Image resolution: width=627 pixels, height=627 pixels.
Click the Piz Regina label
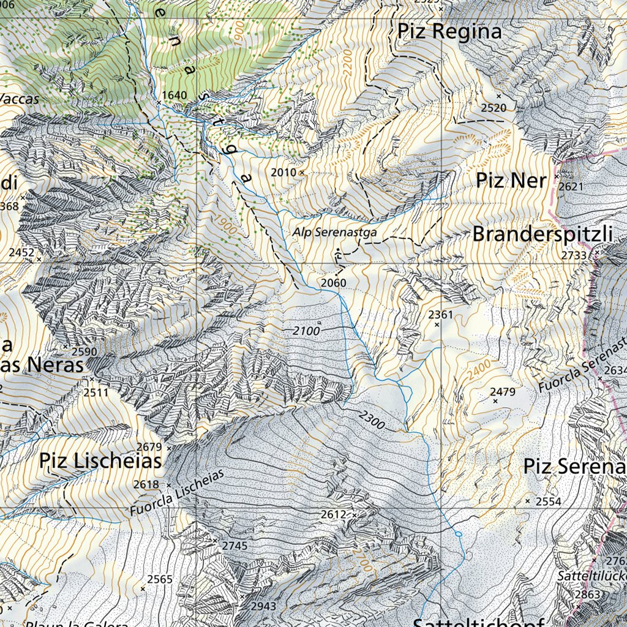coord(449,32)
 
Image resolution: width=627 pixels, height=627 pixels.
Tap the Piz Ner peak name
coord(511,181)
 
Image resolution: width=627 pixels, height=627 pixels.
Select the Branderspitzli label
coord(543,234)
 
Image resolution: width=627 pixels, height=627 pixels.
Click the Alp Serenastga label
coord(334,233)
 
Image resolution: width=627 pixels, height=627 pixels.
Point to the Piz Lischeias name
coord(101,461)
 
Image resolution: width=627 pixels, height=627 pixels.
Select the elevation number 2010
coord(283,173)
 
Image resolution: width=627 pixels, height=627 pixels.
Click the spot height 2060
coord(333,283)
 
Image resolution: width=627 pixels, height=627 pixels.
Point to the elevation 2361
coord(440,315)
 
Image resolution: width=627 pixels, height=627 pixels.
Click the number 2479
coord(503,391)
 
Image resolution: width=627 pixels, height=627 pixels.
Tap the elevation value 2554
coord(549,501)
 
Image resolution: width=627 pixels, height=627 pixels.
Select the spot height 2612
coord(334,514)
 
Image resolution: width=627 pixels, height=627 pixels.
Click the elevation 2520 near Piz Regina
coord(494,108)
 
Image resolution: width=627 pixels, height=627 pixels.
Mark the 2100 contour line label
coord(306,331)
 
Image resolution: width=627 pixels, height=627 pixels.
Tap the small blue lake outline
coord(459,535)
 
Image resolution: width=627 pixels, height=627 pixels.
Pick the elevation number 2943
coord(263,606)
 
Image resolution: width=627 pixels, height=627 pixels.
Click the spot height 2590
coord(84,351)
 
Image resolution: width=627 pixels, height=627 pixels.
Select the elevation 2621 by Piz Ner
coord(571,186)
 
